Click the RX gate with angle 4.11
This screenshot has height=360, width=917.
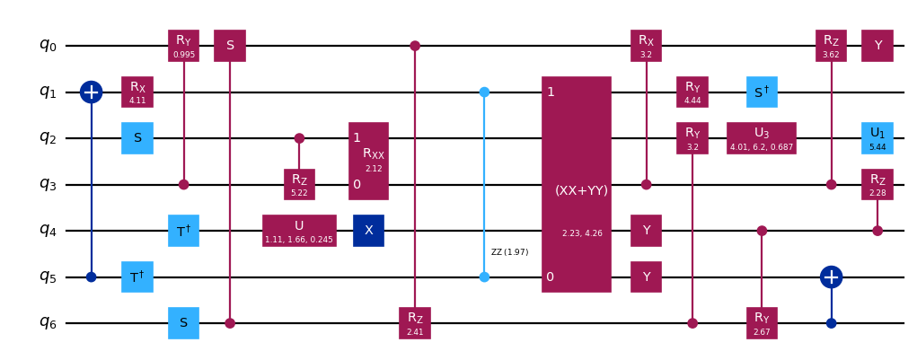pyautogui.click(x=137, y=92)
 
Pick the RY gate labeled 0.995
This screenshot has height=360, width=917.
pyautogui.click(x=183, y=45)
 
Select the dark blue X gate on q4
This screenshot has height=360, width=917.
pyautogui.click(x=368, y=230)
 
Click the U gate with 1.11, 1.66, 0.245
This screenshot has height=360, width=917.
pyautogui.click(x=299, y=230)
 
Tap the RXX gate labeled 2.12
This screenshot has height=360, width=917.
pyautogui.click(x=368, y=161)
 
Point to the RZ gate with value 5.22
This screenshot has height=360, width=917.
pyautogui.click(x=299, y=184)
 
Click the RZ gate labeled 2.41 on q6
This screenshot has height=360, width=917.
pyautogui.click(x=415, y=322)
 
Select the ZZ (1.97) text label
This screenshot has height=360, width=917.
pyautogui.click(x=509, y=252)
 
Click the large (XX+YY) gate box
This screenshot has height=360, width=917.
pyautogui.click(x=576, y=184)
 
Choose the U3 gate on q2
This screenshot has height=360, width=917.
pyautogui.click(x=762, y=137)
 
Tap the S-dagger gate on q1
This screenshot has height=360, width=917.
pyautogui.click(x=762, y=92)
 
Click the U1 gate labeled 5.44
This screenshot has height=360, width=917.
pyautogui.click(x=877, y=137)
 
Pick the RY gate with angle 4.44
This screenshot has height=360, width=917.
pyautogui.click(x=692, y=92)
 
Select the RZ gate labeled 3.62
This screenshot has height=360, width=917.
pyautogui.click(x=831, y=45)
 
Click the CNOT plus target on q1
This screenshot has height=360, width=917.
pyautogui.click(x=91, y=92)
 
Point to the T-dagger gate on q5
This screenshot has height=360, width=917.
pyautogui.click(x=137, y=277)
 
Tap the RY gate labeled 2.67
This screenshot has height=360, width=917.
pyautogui.click(x=762, y=322)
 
